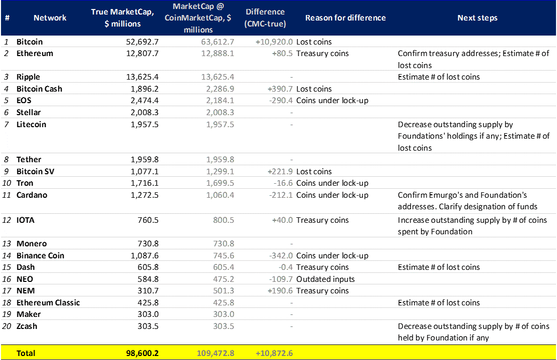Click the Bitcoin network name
[x=30, y=42]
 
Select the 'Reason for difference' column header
[x=345, y=18]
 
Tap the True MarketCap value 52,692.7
[x=142, y=42]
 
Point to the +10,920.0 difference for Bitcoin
[x=274, y=42]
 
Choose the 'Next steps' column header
[x=477, y=18]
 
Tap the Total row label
[x=26, y=353]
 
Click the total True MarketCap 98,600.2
[x=142, y=353]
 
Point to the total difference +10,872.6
[x=274, y=353]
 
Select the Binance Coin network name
[x=40, y=255]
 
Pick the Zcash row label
[x=27, y=326]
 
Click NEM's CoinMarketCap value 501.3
[x=223, y=291]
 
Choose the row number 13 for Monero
[x=8, y=244]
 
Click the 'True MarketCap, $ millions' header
[x=123, y=18]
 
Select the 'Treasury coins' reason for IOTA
[x=322, y=220]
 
